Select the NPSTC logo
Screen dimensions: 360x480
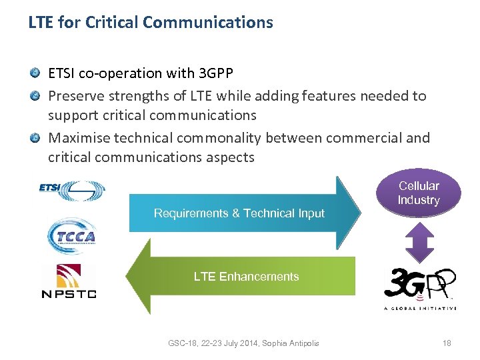point(69,281)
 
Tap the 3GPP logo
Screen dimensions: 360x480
point(419,285)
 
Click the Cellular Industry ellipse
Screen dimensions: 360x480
point(419,193)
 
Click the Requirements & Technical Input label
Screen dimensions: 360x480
point(239,213)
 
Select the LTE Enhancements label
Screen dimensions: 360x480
point(246,277)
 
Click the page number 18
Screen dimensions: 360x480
point(447,343)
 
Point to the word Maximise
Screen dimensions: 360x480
point(79,138)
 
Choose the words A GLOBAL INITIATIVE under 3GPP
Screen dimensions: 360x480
point(419,308)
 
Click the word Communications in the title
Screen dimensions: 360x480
point(208,23)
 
